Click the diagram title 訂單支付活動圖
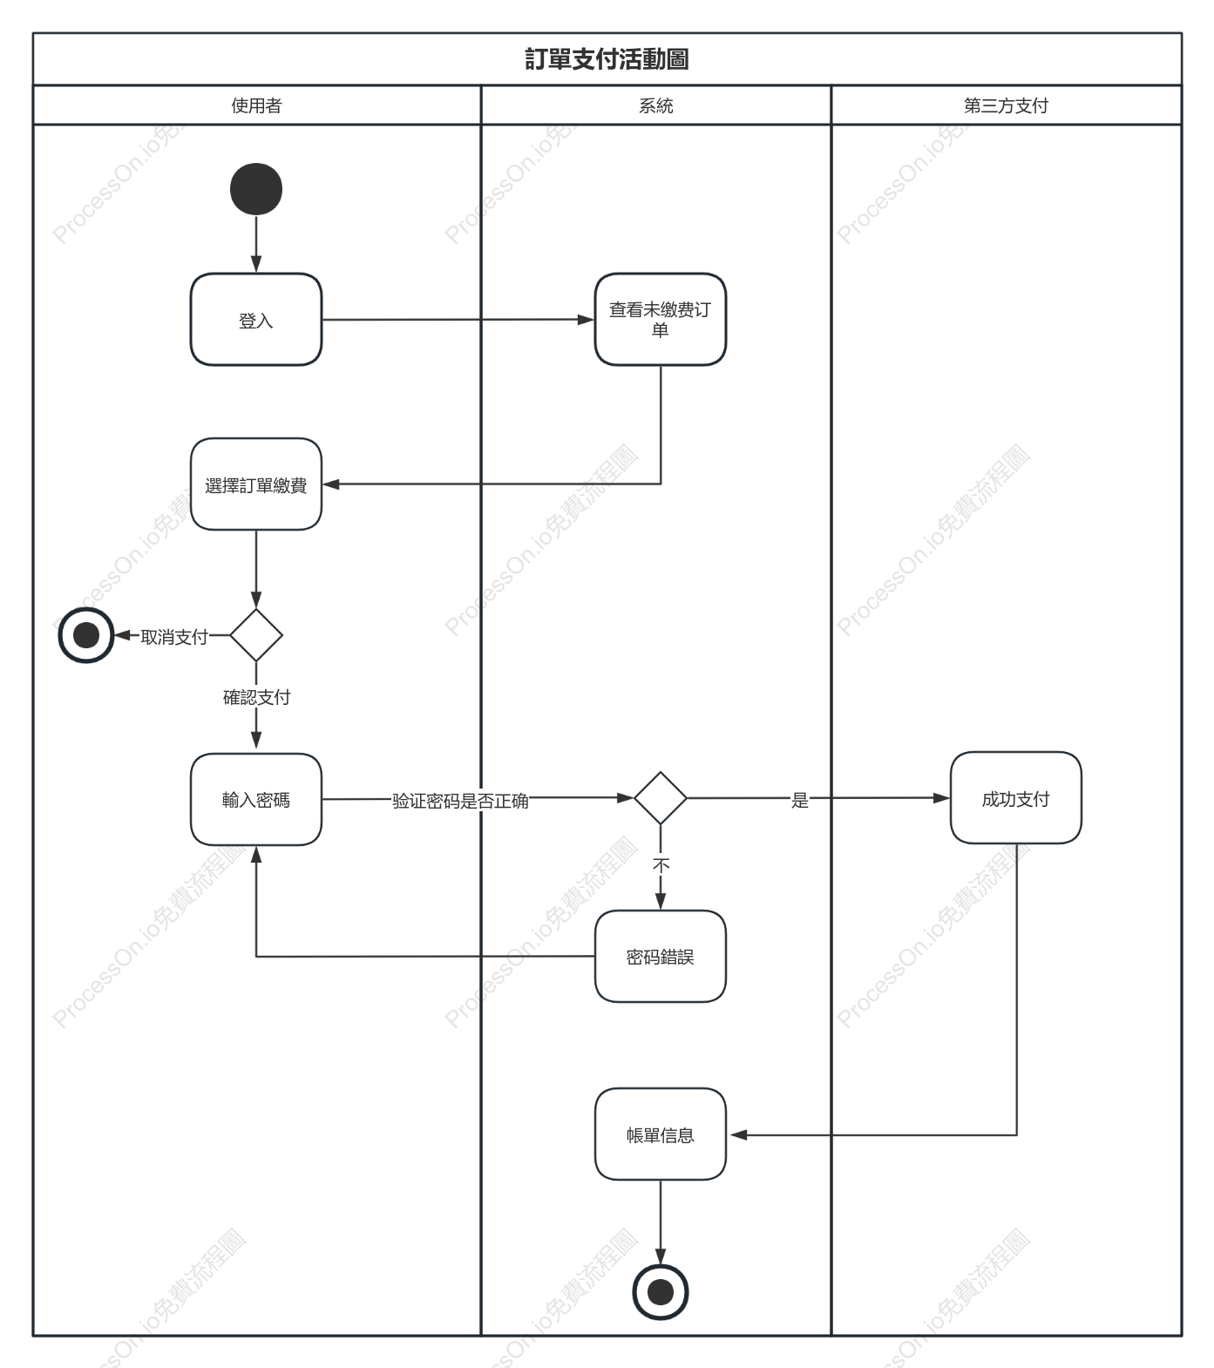coord(607,59)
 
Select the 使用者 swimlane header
coord(256,105)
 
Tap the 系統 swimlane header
coord(656,105)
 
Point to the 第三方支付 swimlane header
coord(1006,105)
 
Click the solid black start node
coord(256,189)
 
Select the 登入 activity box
coord(256,320)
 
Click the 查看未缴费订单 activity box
coord(661,320)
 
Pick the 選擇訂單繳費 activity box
coord(256,484)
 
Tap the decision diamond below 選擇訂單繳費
coord(256,635)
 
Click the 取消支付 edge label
coord(174,637)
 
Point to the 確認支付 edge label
coord(256,697)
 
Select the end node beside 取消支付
coord(86,635)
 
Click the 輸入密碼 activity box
coord(256,800)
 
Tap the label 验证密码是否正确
coord(460,801)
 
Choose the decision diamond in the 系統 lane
coord(661,797)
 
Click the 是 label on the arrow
coord(800,800)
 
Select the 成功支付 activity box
coord(1016,798)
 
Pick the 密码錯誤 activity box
coord(661,957)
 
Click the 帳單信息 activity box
coord(661,1134)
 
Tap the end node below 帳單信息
coord(661,1292)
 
